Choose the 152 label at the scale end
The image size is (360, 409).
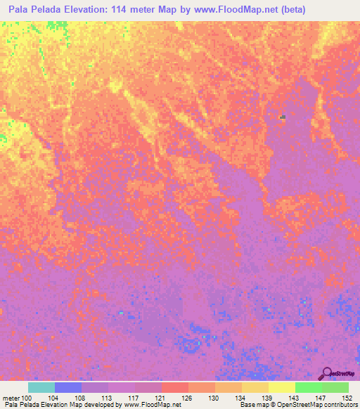346,398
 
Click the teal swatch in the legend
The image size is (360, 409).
41,387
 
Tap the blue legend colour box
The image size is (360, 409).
68,387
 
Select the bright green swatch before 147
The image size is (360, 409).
309,387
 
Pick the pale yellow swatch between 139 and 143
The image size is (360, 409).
282,387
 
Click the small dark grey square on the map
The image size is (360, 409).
282,117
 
